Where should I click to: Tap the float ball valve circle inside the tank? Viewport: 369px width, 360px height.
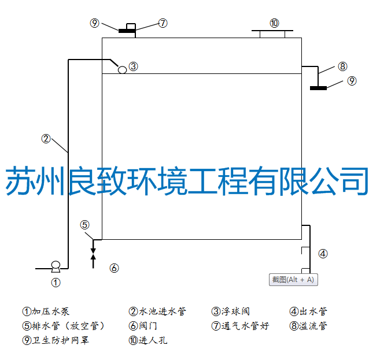[x=122, y=69]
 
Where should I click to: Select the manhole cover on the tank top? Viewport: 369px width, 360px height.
[x=272, y=34]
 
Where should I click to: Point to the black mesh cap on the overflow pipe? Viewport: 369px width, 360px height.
[x=318, y=88]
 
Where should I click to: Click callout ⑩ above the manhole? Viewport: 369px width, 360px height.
[x=274, y=23]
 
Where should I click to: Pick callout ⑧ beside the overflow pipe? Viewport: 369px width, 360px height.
[x=342, y=66]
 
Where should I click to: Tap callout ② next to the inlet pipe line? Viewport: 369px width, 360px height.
[x=46, y=138]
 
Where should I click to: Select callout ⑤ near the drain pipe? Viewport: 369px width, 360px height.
[x=85, y=225]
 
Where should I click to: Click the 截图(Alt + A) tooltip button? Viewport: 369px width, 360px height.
[x=293, y=280]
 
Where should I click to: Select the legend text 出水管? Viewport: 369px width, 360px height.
[x=313, y=311]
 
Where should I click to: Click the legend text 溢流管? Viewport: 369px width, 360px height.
[x=313, y=326]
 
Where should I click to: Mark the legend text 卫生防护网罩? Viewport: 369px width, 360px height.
[x=60, y=340]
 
